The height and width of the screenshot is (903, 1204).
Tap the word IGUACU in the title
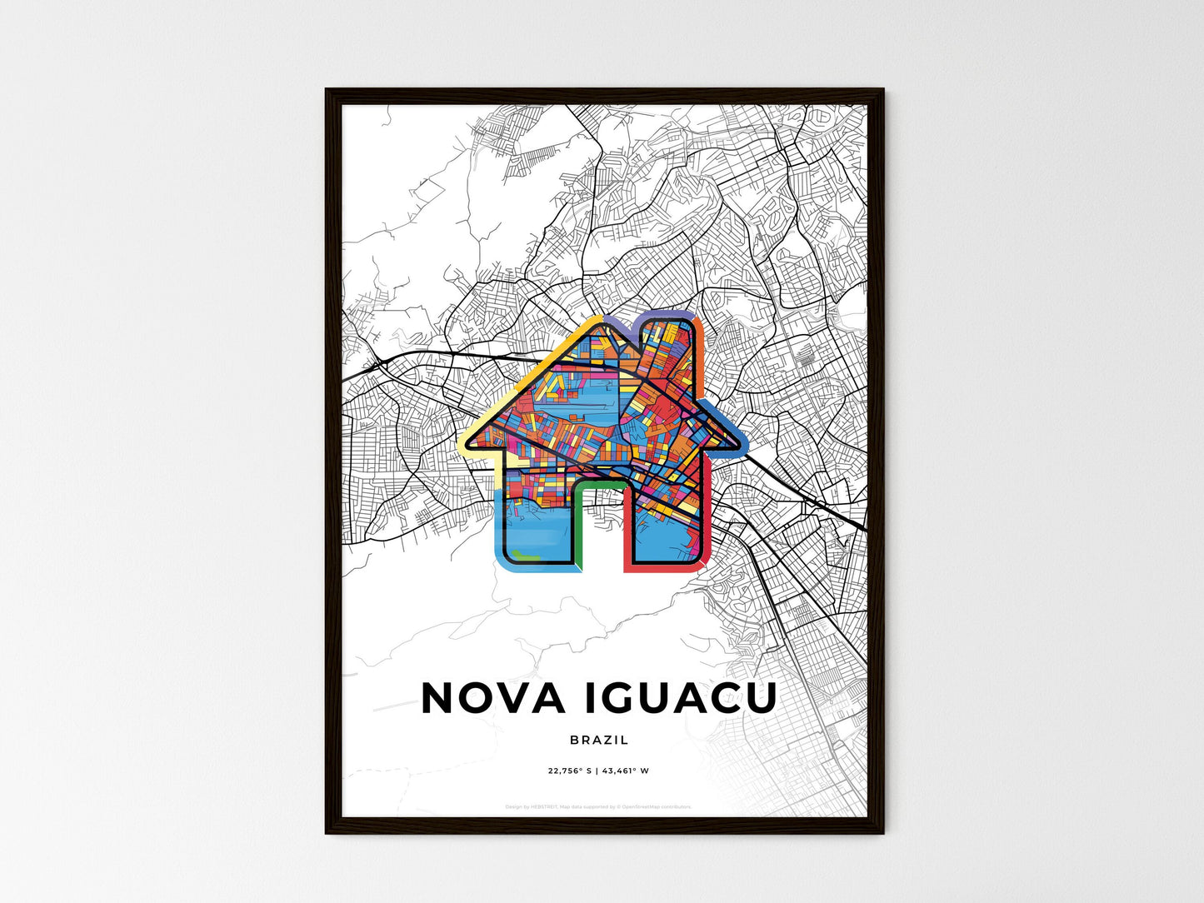click(x=681, y=698)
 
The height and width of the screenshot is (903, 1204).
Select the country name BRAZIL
click(x=600, y=740)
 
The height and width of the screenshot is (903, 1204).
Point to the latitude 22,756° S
click(x=569, y=771)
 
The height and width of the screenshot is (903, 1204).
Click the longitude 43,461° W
click(x=626, y=771)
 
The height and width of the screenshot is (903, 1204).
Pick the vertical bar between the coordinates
click(x=597, y=771)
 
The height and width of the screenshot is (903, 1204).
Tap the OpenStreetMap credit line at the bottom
click(x=598, y=806)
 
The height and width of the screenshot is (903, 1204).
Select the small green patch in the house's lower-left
click(x=525, y=553)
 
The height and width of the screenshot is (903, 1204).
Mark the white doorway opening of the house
click(x=600, y=533)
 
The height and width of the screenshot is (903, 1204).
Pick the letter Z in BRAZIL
click(x=607, y=740)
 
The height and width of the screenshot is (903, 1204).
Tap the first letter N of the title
click(x=439, y=698)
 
